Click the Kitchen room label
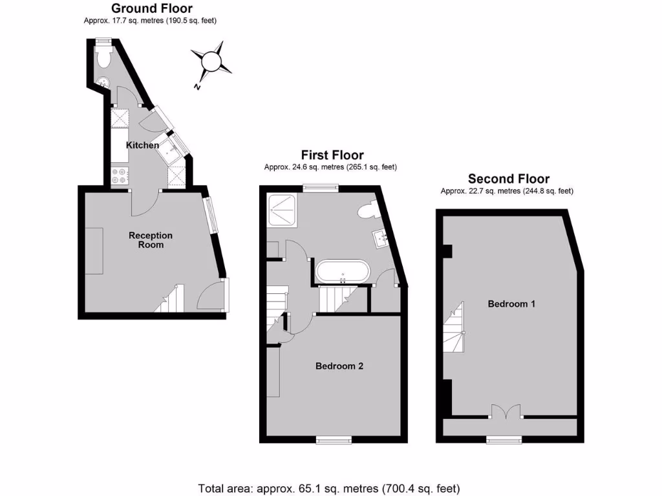pyautogui.click(x=142, y=145)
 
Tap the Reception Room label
pyautogui.click(x=150, y=240)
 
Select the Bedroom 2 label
pyautogui.click(x=339, y=366)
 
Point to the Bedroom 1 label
pyautogui.click(x=511, y=304)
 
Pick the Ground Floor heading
pyautogui.click(x=151, y=8)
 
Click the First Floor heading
pyautogui.click(x=332, y=155)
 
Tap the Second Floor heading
pyautogui.click(x=509, y=179)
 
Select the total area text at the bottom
pyautogui.click(x=330, y=488)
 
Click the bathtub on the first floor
pyautogui.click(x=343, y=271)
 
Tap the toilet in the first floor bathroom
pyautogui.click(x=367, y=211)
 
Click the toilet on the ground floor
pyautogui.click(x=103, y=57)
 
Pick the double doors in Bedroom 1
pyautogui.click(x=505, y=413)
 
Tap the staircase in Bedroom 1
pyautogui.click(x=456, y=329)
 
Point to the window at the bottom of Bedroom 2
pyautogui.click(x=334, y=440)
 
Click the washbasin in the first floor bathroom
pyautogui.click(x=381, y=239)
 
